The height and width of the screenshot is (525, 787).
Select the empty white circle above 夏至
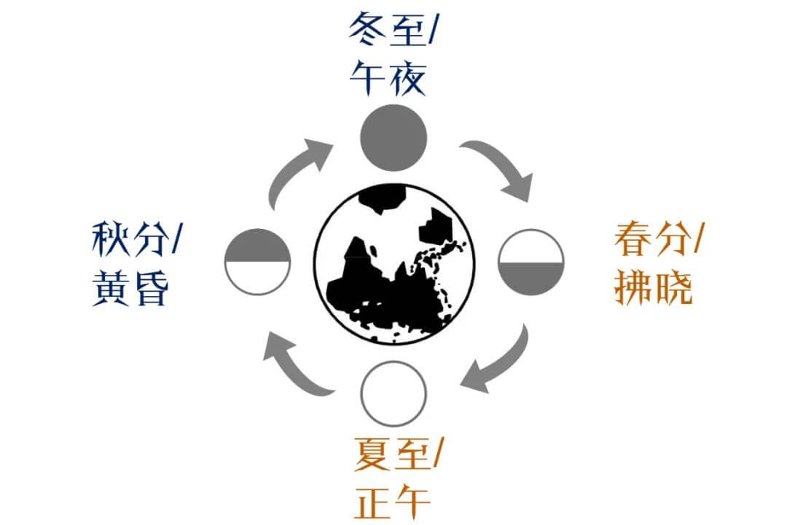pos(393,394)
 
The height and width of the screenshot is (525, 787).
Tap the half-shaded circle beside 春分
pos(531,262)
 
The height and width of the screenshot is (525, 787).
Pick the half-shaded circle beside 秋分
pos(258,261)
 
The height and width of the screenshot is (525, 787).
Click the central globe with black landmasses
pos(394,263)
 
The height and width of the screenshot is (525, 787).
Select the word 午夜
pos(387,79)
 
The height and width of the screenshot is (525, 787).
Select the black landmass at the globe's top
pos(383,198)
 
